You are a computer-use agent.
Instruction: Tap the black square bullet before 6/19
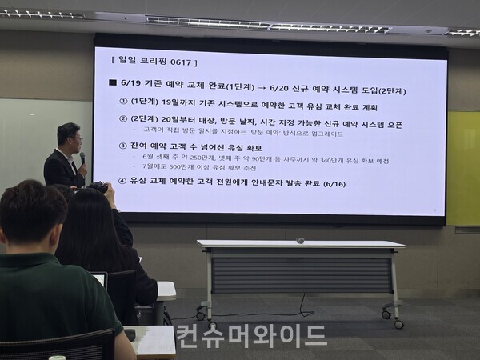pyautogui.click(x=113, y=83)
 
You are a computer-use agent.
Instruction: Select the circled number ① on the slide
pyautogui.click(x=123, y=104)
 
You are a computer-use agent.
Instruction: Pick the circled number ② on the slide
pyautogui.click(x=123, y=123)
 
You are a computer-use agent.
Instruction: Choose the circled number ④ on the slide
pyautogui.click(x=123, y=181)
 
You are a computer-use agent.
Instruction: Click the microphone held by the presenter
pyautogui.click(x=82, y=158)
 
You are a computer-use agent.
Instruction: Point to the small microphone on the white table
pyautogui.click(x=300, y=240)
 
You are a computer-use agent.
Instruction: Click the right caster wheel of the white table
pyautogui.click(x=398, y=323)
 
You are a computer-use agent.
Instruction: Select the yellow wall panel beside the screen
pyautogui.click(x=463, y=168)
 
